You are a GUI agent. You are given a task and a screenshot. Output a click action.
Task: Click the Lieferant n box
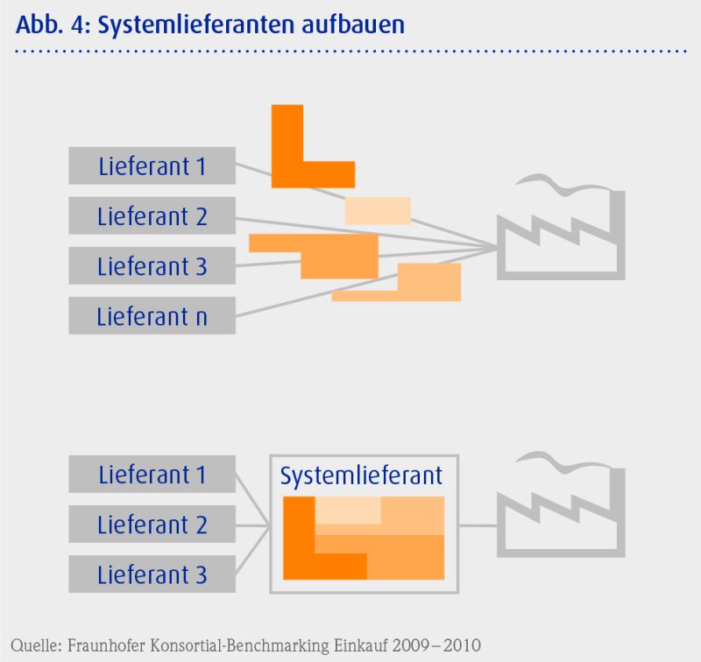(x=152, y=316)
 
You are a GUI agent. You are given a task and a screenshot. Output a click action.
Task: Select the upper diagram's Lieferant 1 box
(x=152, y=165)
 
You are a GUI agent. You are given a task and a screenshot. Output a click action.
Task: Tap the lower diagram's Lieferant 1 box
(x=152, y=474)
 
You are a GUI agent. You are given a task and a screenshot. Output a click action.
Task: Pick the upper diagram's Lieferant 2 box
(x=152, y=215)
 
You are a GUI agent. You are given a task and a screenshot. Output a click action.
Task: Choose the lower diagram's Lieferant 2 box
(x=152, y=524)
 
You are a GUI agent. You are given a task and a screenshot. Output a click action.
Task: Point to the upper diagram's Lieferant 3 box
(x=152, y=266)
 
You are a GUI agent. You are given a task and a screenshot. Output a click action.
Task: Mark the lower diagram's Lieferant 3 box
(x=152, y=574)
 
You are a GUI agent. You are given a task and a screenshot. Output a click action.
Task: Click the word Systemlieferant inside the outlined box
(x=361, y=475)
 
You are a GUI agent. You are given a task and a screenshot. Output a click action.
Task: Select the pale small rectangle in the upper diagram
(x=378, y=211)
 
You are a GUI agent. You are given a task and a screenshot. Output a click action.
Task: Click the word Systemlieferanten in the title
(x=195, y=25)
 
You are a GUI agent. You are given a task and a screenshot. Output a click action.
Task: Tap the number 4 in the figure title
(x=77, y=25)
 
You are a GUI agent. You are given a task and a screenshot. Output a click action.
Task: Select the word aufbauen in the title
(x=353, y=25)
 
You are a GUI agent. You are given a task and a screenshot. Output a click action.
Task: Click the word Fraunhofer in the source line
(x=106, y=645)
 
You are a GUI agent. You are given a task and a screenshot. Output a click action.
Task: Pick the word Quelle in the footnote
(x=37, y=646)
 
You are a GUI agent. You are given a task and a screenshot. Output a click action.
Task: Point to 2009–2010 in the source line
(x=436, y=645)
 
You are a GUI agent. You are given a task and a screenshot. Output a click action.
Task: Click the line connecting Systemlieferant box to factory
(x=478, y=525)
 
